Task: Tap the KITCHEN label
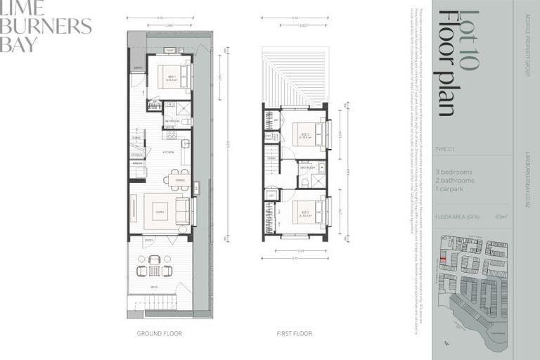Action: tap(169, 151)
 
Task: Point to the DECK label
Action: tap(153, 287)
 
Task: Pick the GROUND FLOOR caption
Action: tap(159, 333)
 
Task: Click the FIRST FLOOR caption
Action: tap(294, 333)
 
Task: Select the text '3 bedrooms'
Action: tap(454, 172)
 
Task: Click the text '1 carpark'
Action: tap(450, 188)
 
